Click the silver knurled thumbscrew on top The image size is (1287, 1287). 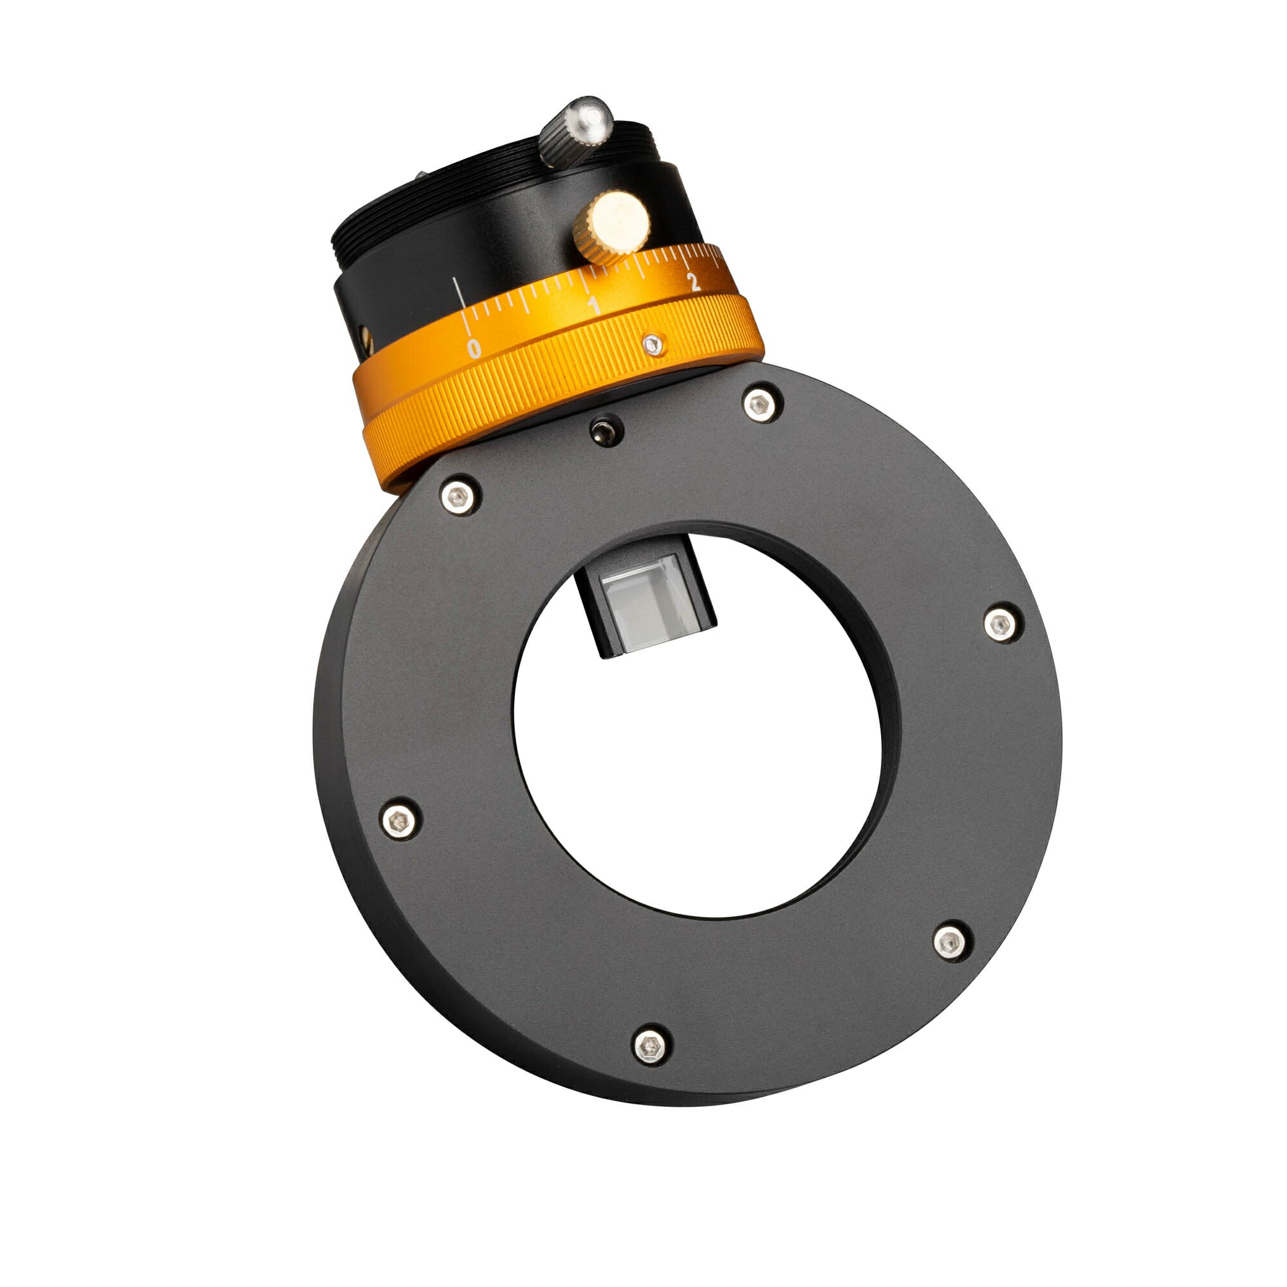576,131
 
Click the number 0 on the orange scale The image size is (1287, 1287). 474,347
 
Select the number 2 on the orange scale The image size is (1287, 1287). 694,282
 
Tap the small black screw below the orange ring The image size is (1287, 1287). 607,430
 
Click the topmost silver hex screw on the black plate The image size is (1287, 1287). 762,404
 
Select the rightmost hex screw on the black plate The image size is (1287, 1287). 1002,624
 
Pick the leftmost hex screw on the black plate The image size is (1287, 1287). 400,819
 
